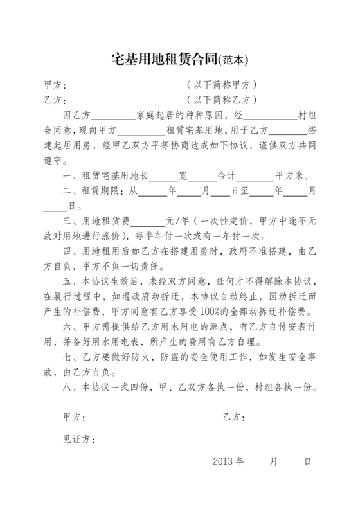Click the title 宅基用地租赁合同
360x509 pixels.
164,60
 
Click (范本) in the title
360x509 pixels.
233,61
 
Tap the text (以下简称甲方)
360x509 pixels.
222,85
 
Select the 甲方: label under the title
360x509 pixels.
53,85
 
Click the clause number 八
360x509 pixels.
69,388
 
